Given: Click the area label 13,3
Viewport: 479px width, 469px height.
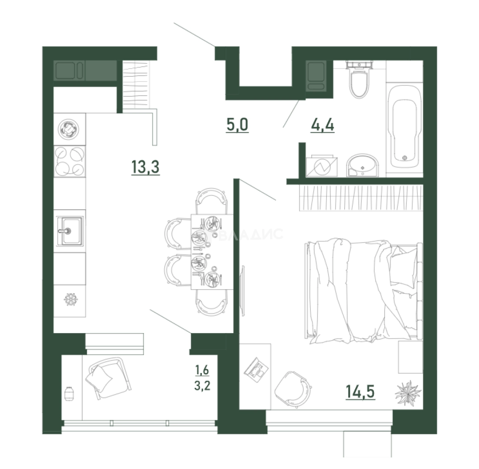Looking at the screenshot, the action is tap(146, 167).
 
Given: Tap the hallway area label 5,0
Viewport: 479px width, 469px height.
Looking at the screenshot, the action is tap(237, 125).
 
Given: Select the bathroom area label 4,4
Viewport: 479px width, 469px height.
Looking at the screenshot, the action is tap(322, 125).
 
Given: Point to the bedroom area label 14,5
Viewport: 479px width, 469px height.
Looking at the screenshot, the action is tap(360, 392).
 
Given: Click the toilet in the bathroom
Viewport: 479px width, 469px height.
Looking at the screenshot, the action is tap(359, 79).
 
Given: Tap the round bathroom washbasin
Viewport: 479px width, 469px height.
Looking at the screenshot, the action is tap(363, 165).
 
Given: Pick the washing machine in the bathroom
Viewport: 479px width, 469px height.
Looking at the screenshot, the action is tap(322, 166).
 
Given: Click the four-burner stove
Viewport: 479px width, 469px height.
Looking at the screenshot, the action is tap(70, 161).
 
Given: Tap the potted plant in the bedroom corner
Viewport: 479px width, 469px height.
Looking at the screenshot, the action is tap(408, 393).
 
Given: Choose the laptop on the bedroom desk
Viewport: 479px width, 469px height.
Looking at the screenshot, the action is tap(256, 367).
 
